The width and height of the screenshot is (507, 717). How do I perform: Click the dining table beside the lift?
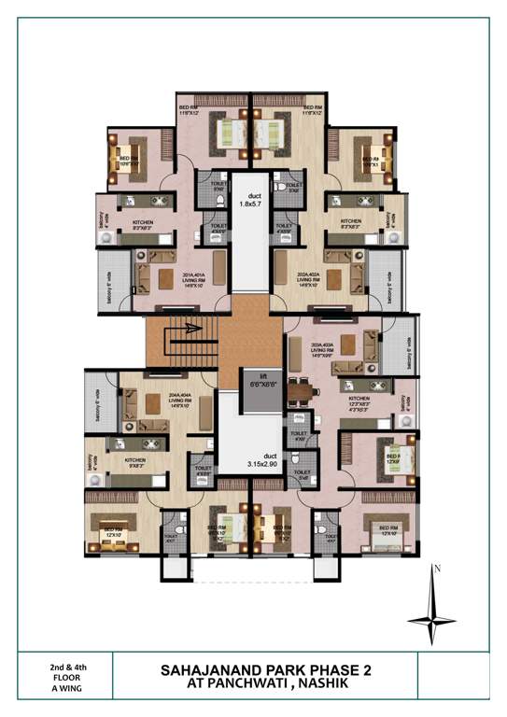(x=298, y=389)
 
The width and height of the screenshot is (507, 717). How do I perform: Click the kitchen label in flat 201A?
(x=142, y=224)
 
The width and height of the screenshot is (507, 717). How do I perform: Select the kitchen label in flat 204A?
(x=136, y=460)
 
